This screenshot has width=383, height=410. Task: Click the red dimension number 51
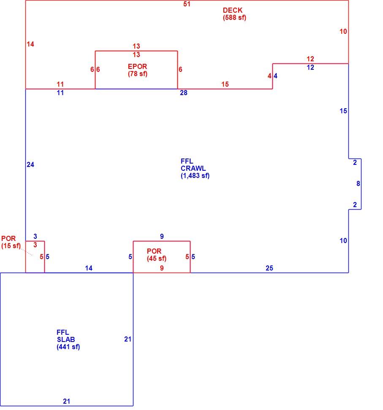(x=187, y=4)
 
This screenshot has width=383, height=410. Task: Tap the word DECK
(x=233, y=10)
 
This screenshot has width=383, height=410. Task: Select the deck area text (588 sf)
(x=234, y=17)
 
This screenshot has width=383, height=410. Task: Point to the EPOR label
(x=137, y=66)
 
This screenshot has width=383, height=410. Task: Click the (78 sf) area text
(x=138, y=74)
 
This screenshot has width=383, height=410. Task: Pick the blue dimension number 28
(x=184, y=93)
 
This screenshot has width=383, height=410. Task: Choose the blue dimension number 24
(x=30, y=164)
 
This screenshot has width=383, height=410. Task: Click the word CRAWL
(x=193, y=168)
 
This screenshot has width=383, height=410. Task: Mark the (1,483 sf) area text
(x=195, y=176)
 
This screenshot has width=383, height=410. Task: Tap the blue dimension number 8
(x=358, y=183)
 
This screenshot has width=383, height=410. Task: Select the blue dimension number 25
(x=269, y=268)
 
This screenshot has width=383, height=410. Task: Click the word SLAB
(x=66, y=339)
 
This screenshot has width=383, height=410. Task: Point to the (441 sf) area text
(x=68, y=347)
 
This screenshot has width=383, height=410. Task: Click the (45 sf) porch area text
(x=157, y=258)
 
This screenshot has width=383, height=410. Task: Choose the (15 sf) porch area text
(x=11, y=246)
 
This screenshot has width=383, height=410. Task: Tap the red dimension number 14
(x=30, y=44)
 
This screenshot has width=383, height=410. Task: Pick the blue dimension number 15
(x=343, y=111)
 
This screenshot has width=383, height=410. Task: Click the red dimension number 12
(x=310, y=59)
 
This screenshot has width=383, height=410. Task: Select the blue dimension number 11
(x=60, y=93)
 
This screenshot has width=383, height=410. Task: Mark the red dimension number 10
(x=343, y=31)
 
